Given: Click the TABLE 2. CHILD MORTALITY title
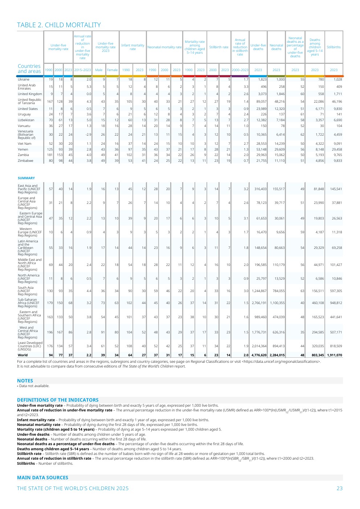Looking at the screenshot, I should tap(59, 25).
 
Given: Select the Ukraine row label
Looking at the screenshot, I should tap(24, 79).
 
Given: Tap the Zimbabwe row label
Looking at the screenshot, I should tap(25, 161).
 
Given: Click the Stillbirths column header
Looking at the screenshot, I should tap(334, 47).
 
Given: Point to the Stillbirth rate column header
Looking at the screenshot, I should tap(218, 47).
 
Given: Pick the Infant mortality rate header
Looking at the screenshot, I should tap(132, 47).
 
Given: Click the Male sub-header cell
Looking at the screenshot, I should tap(99, 70).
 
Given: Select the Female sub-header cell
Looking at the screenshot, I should tap(112, 70).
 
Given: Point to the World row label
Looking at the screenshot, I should tap(22, 355).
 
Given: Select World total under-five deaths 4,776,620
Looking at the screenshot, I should tap(259, 355).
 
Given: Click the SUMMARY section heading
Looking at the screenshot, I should tap(26, 178).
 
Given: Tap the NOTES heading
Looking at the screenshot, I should tap(25, 381).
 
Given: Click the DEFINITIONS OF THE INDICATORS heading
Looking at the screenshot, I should tap(58, 400).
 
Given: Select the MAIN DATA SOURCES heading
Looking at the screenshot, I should tap(42, 477).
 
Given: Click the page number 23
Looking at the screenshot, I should tap(339, 488).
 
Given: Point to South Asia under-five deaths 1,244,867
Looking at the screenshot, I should tap(259, 291).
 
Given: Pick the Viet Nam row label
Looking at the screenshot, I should tap(25, 144).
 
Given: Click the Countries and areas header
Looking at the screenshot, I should tap(29, 69).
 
